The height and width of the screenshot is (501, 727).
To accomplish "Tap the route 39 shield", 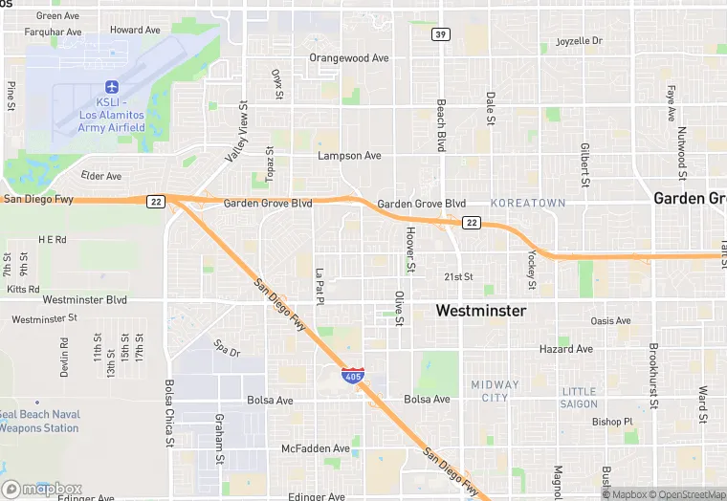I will pyautogui.click(x=440, y=34).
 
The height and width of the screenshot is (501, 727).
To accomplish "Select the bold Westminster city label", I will pyautogui.click(x=480, y=311).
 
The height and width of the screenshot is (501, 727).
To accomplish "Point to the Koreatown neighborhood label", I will pyautogui.click(x=527, y=203).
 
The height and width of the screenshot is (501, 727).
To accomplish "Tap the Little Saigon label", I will pyautogui.click(x=579, y=398).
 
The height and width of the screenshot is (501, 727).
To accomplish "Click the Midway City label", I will pyautogui.click(x=495, y=391).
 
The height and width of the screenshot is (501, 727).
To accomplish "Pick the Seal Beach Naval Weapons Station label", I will pyautogui.click(x=38, y=422).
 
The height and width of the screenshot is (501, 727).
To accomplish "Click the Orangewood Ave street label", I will pyautogui.click(x=349, y=58).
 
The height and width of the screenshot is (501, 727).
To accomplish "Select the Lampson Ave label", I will pyautogui.click(x=349, y=156).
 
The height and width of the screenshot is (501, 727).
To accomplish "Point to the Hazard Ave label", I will pyautogui.click(x=565, y=349).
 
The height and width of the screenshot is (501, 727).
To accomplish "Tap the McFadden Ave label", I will pyautogui.click(x=316, y=448).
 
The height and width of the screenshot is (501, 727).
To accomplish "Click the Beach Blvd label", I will pyautogui.click(x=441, y=126).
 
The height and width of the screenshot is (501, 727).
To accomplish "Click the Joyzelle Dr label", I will pyautogui.click(x=580, y=41).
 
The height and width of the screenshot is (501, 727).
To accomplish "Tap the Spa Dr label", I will pyautogui.click(x=227, y=348).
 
